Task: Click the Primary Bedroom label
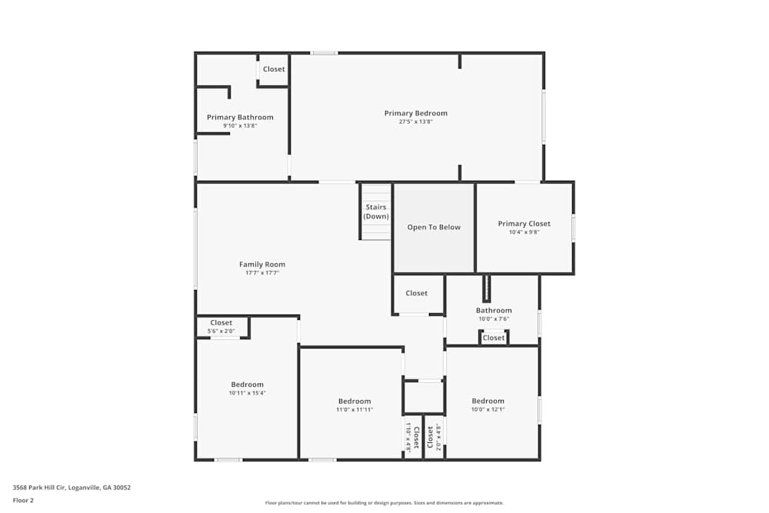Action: tap(415, 113)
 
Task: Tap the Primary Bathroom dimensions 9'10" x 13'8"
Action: tap(240, 125)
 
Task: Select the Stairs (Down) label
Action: tap(376, 212)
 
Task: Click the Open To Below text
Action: tap(434, 227)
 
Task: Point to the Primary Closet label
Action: tap(524, 224)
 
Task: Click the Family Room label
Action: tap(262, 265)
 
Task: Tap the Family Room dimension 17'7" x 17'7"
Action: tap(262, 272)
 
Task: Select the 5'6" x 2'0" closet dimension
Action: tap(221, 331)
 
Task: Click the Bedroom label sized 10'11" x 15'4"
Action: tap(247, 385)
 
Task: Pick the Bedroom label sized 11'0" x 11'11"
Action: tap(355, 401)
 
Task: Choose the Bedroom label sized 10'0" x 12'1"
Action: tap(488, 401)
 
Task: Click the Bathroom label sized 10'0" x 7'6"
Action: tap(493, 311)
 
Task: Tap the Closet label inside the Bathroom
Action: tap(494, 338)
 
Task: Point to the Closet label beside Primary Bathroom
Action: tap(274, 69)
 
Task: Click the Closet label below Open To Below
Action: tap(417, 293)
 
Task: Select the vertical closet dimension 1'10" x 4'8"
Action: tap(408, 437)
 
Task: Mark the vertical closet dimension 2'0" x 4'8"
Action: tap(438, 437)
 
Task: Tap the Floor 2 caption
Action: tap(23, 500)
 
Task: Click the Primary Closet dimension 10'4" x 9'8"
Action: tap(524, 232)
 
